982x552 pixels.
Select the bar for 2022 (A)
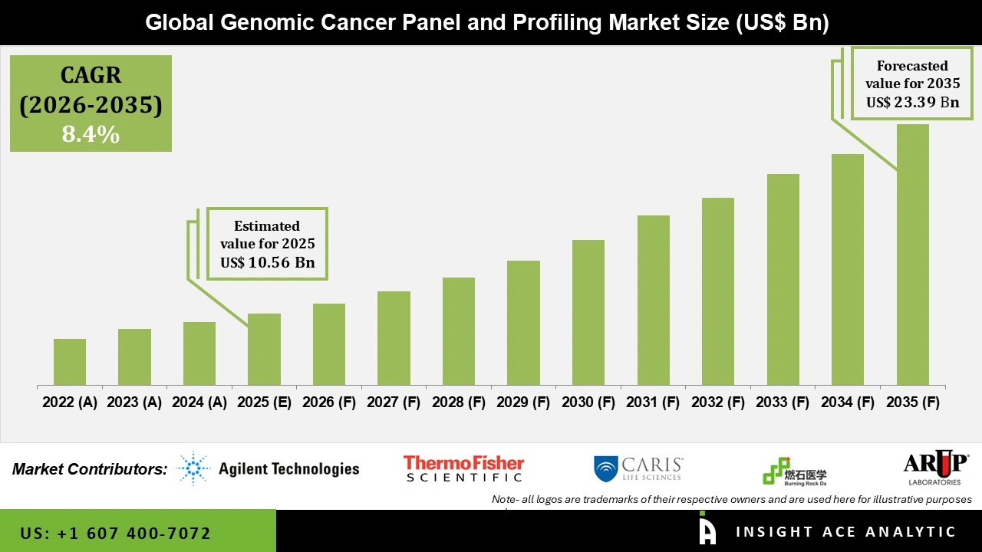70,362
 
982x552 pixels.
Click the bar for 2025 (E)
264,350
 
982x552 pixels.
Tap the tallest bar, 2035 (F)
912,255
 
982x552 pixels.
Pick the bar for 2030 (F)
588,313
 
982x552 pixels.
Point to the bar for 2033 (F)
783,280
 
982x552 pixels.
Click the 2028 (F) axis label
459,402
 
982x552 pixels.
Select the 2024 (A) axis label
199,402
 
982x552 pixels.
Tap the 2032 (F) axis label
718,402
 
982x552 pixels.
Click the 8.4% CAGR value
91,135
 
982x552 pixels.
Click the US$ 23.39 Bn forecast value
912,102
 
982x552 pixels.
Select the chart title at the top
487,23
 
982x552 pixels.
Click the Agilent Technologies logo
268,468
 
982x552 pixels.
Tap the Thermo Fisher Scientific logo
463,468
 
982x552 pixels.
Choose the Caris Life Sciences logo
638,468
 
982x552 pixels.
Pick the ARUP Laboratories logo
935,468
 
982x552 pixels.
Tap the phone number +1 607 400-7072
116,533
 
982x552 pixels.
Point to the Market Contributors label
90,469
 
